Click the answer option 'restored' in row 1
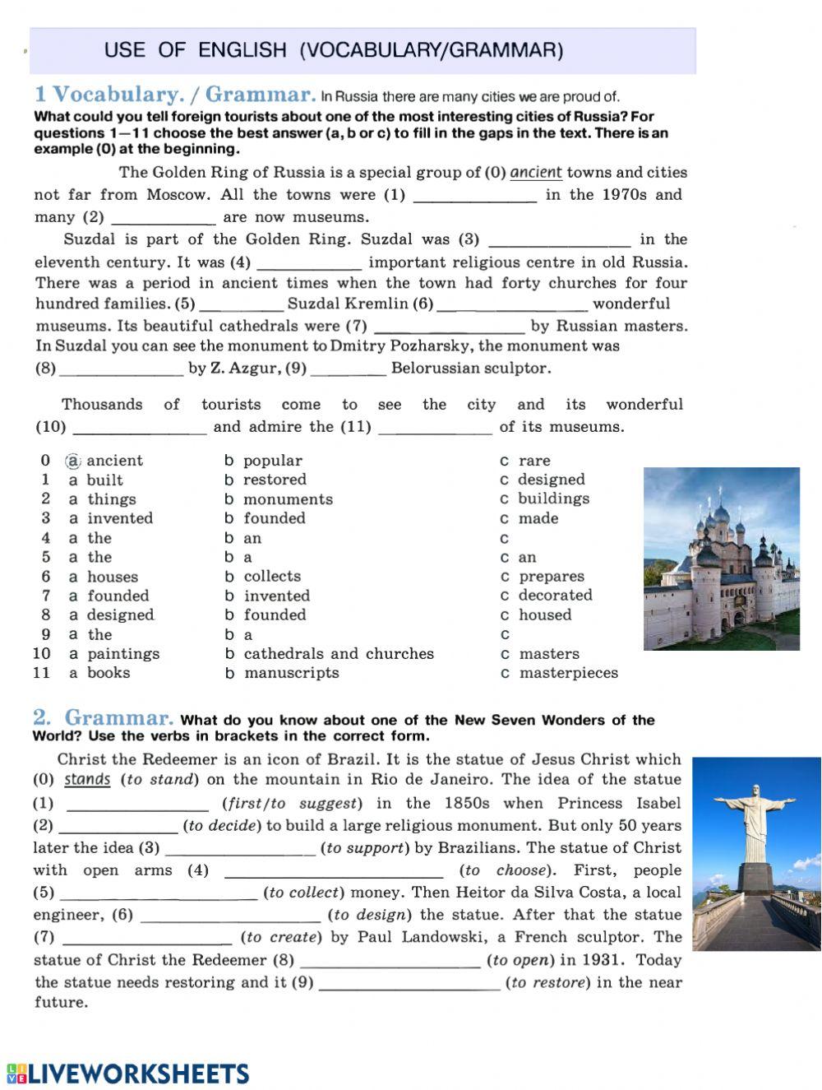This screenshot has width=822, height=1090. pyautogui.click(x=275, y=480)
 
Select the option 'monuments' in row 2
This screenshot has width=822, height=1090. pyautogui.click(x=288, y=499)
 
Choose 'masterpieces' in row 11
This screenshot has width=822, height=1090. pyautogui.click(x=568, y=673)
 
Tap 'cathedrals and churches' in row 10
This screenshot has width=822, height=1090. pyautogui.click(x=339, y=654)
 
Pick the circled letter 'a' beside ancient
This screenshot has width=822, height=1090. pyautogui.click(x=73, y=461)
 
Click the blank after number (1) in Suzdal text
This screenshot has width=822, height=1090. pyautogui.click(x=474, y=196)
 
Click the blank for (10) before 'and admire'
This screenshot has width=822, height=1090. pyautogui.click(x=140, y=427)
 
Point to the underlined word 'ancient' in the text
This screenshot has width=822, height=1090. pyautogui.click(x=536, y=173)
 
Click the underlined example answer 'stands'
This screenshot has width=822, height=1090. pyautogui.click(x=87, y=780)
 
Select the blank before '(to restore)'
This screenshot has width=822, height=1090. pyautogui.click(x=409, y=983)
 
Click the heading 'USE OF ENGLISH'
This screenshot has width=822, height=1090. pyautogui.click(x=333, y=50)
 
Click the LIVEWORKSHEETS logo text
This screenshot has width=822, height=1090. pyautogui.click(x=138, y=1074)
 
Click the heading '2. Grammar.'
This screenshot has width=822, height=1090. pyautogui.click(x=103, y=718)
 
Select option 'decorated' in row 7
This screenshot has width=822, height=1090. pyautogui.click(x=555, y=596)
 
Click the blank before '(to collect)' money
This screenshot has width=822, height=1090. pyautogui.click(x=159, y=893)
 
